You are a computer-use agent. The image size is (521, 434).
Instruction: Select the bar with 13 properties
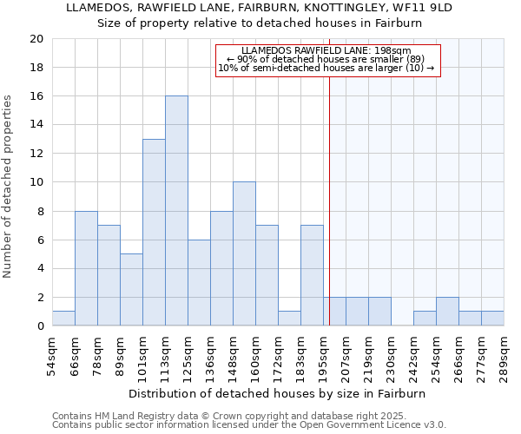(154, 233)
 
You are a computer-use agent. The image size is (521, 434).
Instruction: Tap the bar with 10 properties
(244, 254)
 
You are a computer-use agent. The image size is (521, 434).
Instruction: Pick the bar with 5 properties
(131, 290)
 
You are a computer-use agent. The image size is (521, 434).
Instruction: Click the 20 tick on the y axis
(36, 39)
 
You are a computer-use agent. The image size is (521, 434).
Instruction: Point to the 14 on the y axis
(36, 125)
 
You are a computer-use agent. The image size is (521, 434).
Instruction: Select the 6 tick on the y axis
(40, 240)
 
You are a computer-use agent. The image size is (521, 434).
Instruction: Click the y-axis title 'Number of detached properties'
(8, 186)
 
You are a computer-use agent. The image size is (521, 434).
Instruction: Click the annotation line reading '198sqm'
(326, 51)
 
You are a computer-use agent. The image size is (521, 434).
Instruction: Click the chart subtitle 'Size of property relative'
(260, 23)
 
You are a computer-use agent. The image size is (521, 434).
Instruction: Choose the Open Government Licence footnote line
(249, 424)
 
